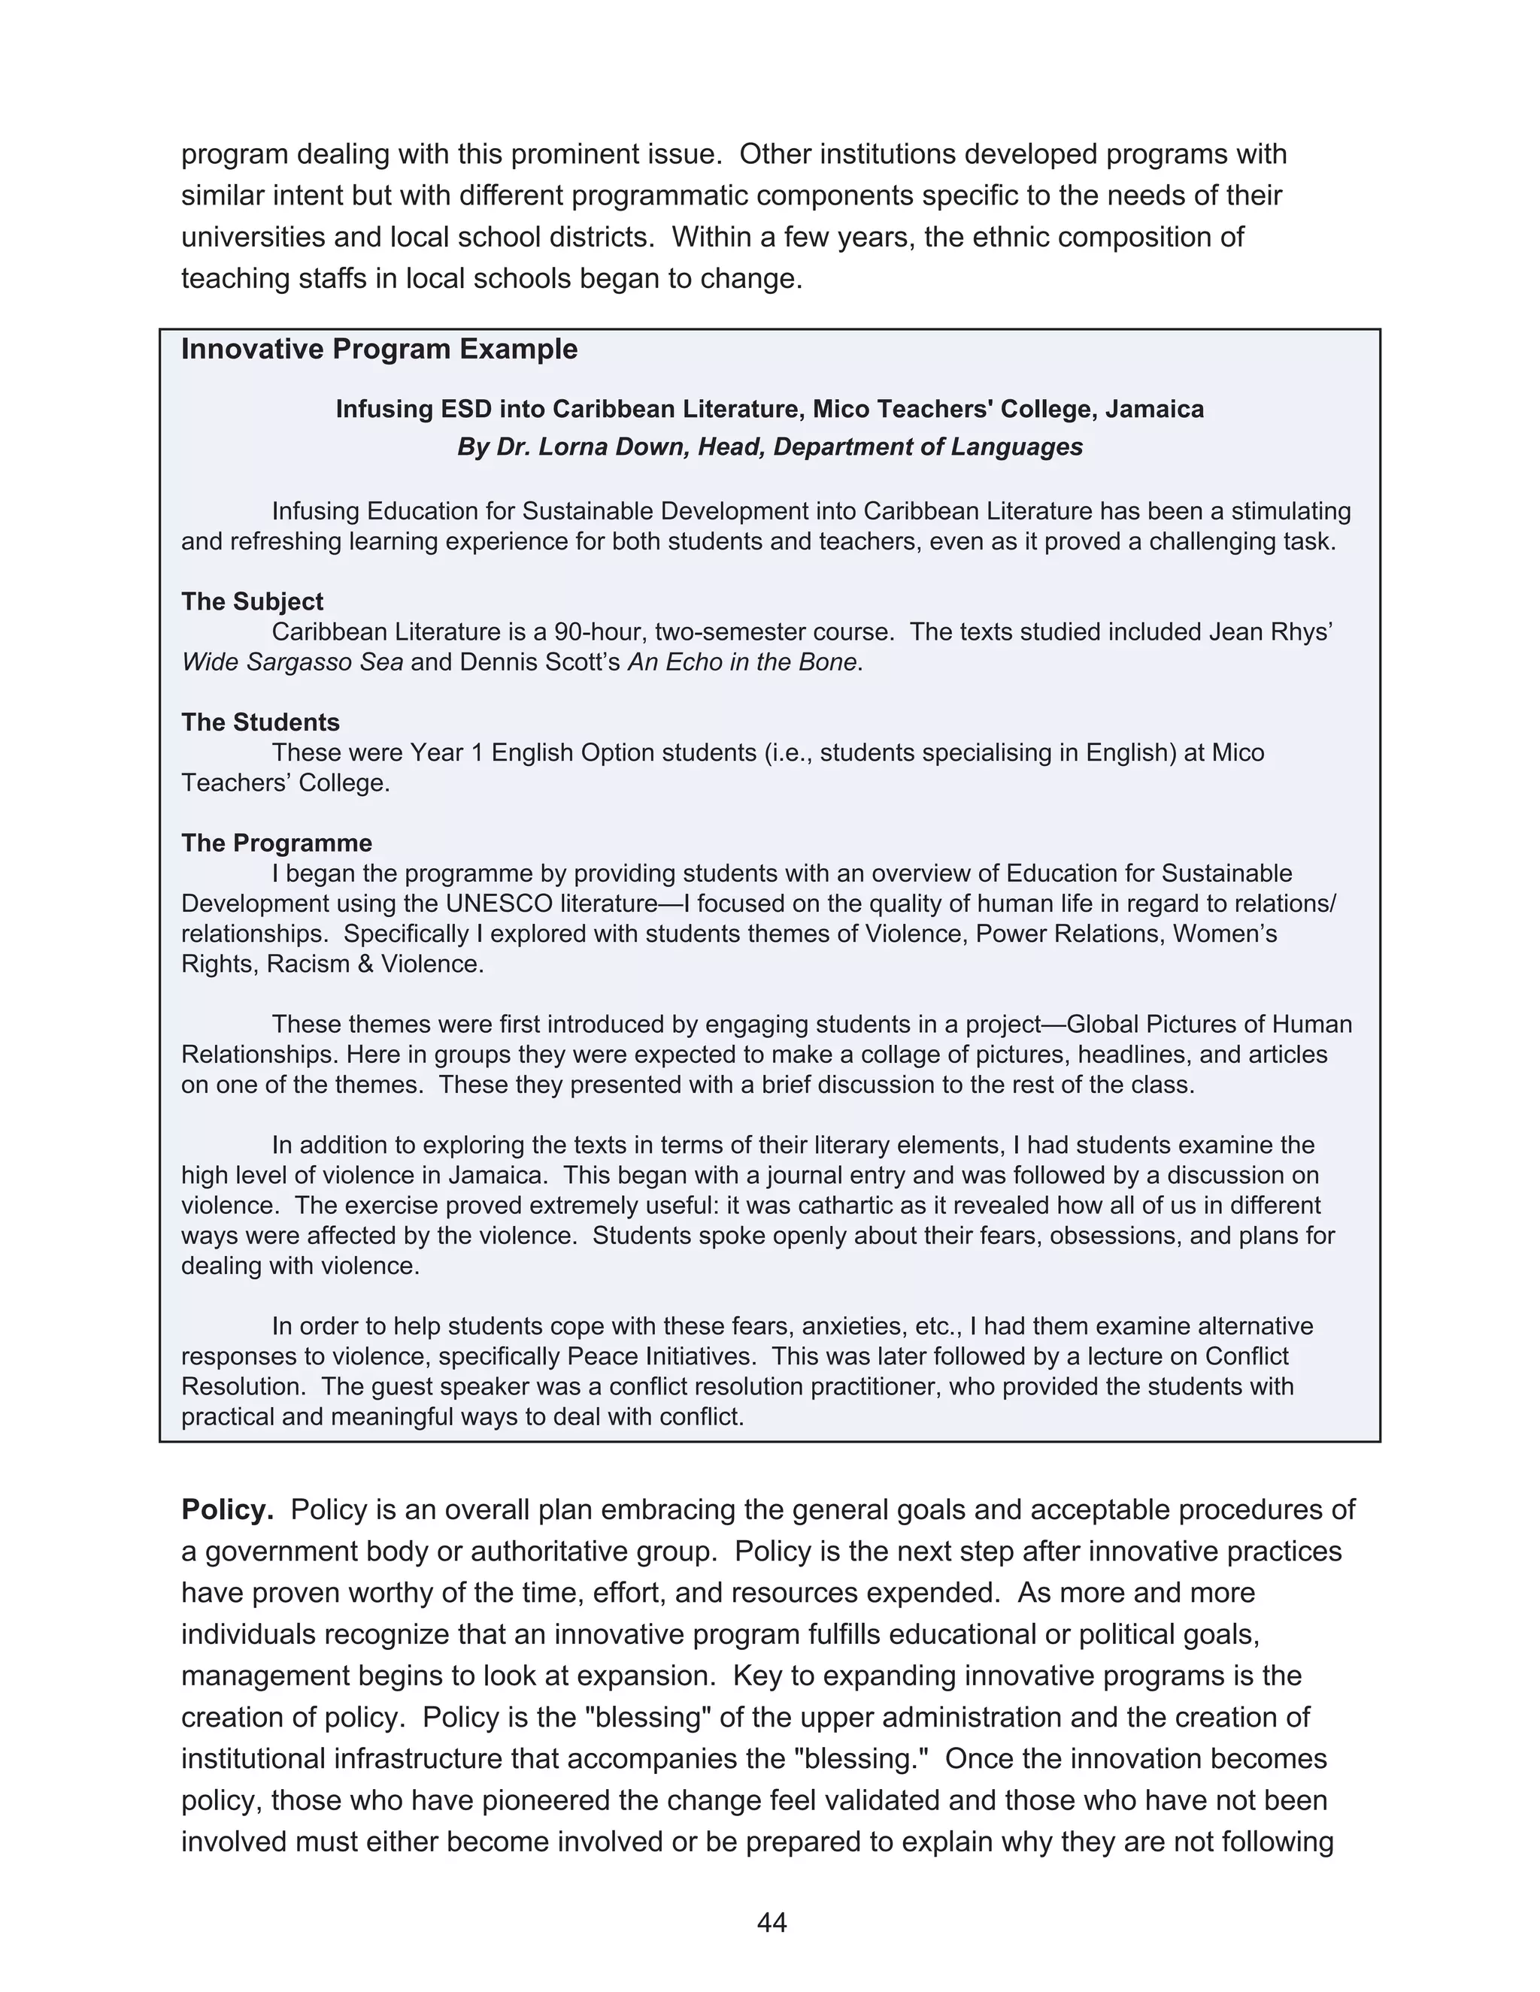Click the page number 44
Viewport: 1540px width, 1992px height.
pyautogui.click(x=771, y=1923)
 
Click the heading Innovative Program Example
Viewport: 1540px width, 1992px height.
pyautogui.click(x=379, y=350)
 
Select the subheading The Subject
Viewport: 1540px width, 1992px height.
pyautogui.click(x=252, y=602)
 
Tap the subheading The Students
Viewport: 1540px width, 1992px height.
pyautogui.click(x=260, y=722)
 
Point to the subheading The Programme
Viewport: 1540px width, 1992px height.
pyautogui.click(x=277, y=843)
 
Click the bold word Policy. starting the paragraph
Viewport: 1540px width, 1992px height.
pyautogui.click(x=227, y=1509)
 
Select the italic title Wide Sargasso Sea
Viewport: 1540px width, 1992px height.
pyautogui.click(x=292, y=662)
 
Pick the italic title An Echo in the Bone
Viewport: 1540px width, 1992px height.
pyautogui.click(x=741, y=662)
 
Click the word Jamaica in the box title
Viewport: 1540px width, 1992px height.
pyautogui.click(x=1154, y=409)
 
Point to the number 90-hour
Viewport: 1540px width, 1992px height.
pyautogui.click(x=599, y=632)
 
